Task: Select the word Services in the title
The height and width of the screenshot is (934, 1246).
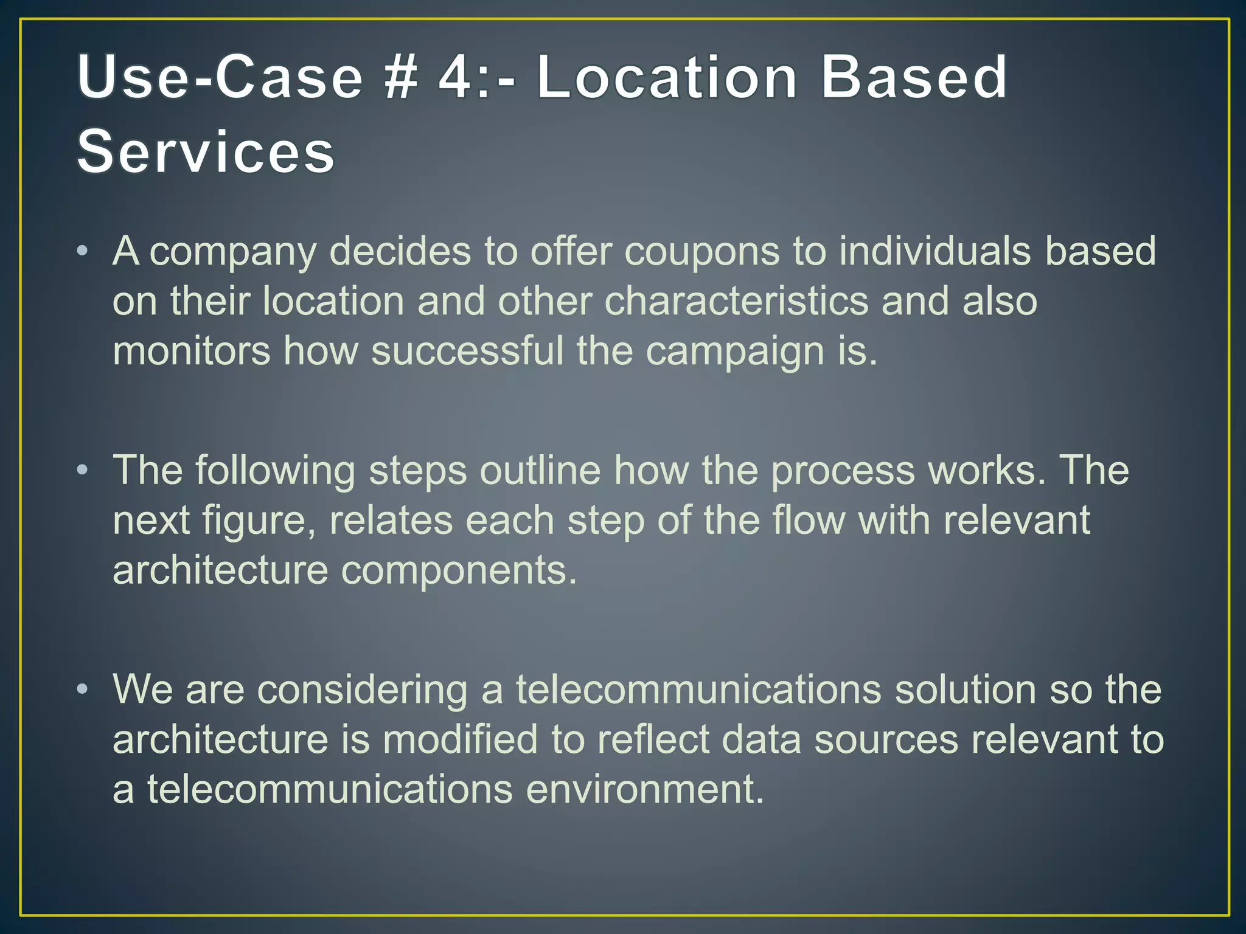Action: pyautogui.click(x=206, y=151)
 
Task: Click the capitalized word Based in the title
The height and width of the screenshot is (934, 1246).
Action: pyautogui.click(x=914, y=77)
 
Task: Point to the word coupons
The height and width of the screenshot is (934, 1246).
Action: pyautogui.click(x=701, y=251)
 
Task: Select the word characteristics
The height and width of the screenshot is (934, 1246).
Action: pyautogui.click(x=736, y=302)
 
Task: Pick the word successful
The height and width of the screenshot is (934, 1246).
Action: pyautogui.click(x=467, y=351)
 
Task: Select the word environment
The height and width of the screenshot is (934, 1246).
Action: pyautogui.click(x=644, y=789)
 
